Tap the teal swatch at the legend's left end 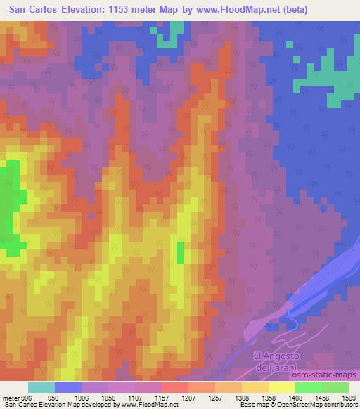[41, 387]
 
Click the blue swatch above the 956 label [68, 387]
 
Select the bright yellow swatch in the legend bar [281, 387]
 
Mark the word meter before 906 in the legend [11, 397]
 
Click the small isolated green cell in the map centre [180, 252]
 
